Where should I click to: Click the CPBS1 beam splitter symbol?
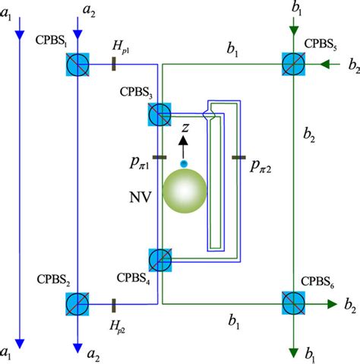[78, 66]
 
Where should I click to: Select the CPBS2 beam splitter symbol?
[78, 304]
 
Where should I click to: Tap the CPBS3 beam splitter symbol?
[160, 116]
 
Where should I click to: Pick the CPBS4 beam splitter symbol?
[160, 260]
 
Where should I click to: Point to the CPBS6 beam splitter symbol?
[293, 303]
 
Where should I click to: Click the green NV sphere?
[182, 195]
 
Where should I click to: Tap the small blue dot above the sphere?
[182, 164]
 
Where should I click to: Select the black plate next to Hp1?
[113, 66]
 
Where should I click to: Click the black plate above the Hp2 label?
[113, 304]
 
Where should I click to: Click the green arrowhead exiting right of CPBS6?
[332, 303]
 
